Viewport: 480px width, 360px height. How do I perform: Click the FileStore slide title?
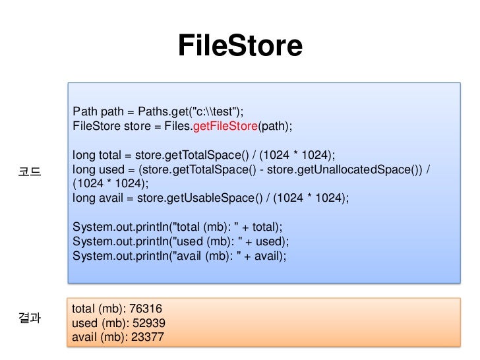point(240,46)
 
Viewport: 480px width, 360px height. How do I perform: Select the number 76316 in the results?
point(146,309)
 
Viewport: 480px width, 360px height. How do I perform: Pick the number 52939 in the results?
point(149,323)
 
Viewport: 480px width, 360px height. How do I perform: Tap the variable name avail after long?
point(110,198)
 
